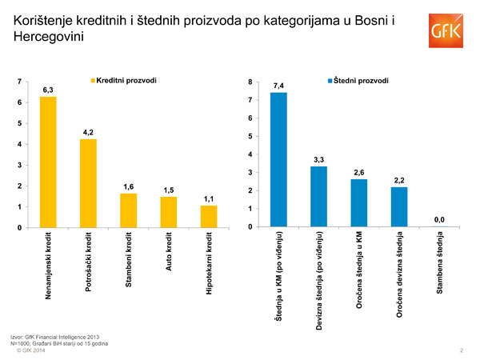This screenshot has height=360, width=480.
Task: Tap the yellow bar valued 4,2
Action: click(89, 184)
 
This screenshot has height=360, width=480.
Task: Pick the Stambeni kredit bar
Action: click(129, 210)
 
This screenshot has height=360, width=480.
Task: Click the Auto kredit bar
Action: click(168, 212)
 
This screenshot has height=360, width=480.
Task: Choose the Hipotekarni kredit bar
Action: click(208, 217)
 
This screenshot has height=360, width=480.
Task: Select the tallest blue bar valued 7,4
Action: click(278, 159)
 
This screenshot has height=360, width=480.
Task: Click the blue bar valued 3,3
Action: click(318, 196)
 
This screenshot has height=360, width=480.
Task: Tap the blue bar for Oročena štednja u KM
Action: click(359, 202)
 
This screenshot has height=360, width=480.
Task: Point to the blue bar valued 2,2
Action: click(399, 206)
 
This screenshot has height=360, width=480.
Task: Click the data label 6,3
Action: click(48, 90)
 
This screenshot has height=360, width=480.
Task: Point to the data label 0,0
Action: click(439, 219)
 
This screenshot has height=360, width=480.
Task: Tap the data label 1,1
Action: click(208, 198)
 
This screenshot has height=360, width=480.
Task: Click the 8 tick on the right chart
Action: click(250, 82)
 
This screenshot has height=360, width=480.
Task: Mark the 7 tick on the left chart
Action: click(18, 82)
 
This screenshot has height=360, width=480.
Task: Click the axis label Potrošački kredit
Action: click(89, 262)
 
